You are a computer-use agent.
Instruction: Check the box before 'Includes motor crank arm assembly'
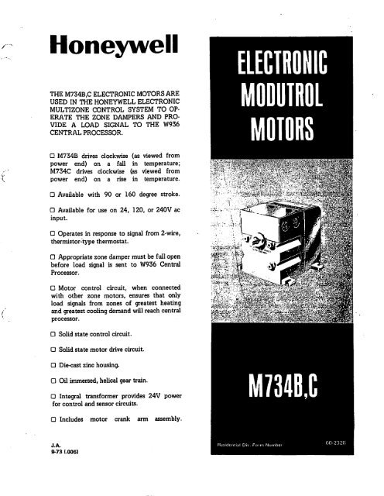(33, 421)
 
